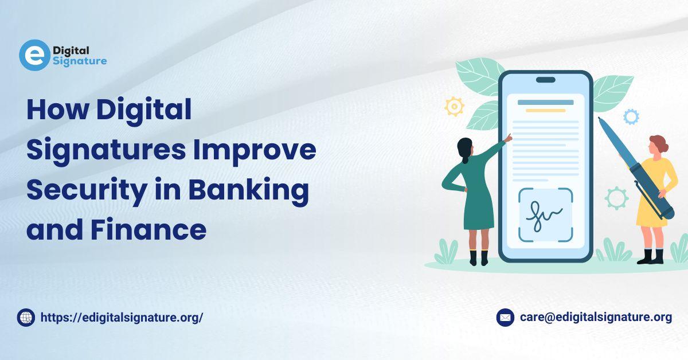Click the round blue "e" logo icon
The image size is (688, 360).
(x=34, y=55)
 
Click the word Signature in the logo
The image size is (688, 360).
(x=80, y=61)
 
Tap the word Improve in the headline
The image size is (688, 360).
(x=255, y=151)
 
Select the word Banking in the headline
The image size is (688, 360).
(x=248, y=190)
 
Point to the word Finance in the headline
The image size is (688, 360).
(x=148, y=229)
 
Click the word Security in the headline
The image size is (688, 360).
(x=87, y=190)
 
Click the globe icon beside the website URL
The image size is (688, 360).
(x=26, y=318)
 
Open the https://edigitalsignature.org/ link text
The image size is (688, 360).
(x=122, y=318)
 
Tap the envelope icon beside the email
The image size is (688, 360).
(x=505, y=318)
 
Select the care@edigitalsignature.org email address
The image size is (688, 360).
(x=596, y=317)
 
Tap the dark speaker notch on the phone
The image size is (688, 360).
(x=546, y=80)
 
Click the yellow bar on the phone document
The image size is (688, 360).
(x=545, y=110)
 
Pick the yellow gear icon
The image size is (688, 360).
(x=454, y=107)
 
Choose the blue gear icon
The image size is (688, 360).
(x=631, y=117)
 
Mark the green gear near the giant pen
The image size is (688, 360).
(x=616, y=198)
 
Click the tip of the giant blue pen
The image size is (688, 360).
(x=599, y=118)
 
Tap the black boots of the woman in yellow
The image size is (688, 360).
(x=651, y=256)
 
